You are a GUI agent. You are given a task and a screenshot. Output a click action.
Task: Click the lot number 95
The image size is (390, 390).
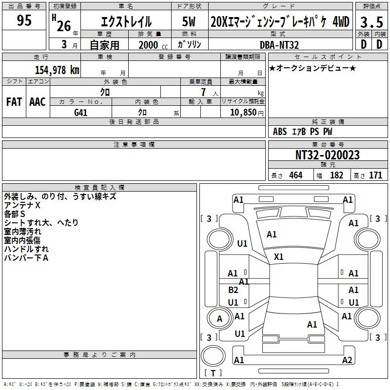tap(24, 20)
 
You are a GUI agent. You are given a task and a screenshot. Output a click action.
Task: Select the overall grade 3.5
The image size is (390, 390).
tap(371, 22)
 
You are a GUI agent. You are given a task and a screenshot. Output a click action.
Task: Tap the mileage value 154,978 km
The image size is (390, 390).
tap(57, 70)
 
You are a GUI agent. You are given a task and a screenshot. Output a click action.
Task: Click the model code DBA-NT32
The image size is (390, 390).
tap(279, 45)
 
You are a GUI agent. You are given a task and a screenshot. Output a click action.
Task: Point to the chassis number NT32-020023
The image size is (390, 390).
tap(327, 155)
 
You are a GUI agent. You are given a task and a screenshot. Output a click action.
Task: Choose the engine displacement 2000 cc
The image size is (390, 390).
tap(153, 45)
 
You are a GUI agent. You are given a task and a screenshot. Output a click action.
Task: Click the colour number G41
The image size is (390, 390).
tap(80, 113)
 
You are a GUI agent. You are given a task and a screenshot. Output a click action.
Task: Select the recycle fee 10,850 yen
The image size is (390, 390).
tap(247, 113)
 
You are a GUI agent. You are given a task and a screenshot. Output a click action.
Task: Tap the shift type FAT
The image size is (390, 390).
tap(14, 102)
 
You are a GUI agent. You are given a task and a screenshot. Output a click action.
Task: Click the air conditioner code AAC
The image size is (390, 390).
tap(38, 102)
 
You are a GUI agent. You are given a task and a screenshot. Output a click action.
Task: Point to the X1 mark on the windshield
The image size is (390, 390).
tap(278, 257)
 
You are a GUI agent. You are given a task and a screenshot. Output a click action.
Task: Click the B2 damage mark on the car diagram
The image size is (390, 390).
tap(233, 290)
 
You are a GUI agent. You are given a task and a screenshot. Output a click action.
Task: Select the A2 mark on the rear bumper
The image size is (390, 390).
tap(347, 360)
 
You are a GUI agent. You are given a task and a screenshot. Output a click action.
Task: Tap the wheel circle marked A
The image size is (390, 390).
tap(219, 318)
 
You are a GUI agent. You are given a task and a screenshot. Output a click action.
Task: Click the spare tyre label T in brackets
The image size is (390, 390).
tap(213, 373)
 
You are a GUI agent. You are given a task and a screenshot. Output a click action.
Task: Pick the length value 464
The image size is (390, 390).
tap(296, 175)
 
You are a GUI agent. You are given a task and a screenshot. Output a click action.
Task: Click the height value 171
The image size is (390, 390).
tap(375, 175)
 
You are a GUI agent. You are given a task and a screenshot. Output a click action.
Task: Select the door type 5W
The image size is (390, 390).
tap(189, 21)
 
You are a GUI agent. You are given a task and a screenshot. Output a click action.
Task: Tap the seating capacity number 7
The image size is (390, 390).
tap(203, 92)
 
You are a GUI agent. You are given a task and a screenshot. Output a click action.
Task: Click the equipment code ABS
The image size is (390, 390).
tap(280, 132)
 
